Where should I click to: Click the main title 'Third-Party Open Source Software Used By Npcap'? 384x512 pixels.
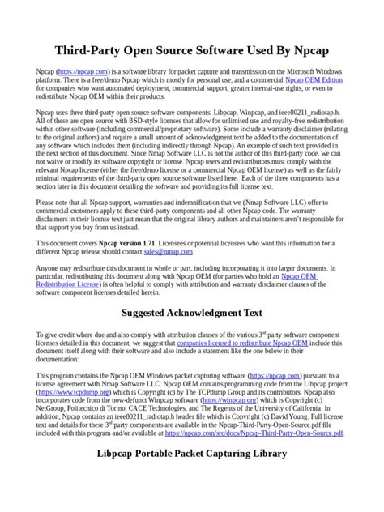coord(191,50)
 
